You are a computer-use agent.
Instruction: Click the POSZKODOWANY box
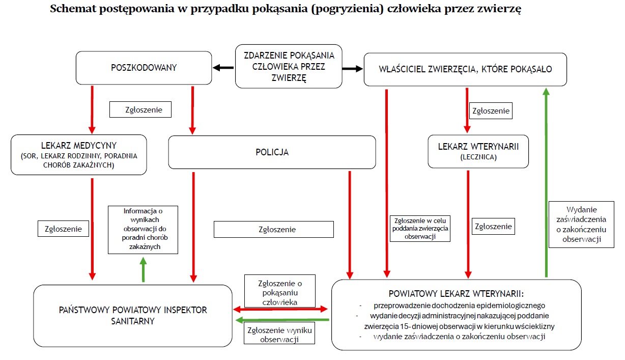point(144,68)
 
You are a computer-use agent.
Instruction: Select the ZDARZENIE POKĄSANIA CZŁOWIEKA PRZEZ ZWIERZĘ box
point(288,66)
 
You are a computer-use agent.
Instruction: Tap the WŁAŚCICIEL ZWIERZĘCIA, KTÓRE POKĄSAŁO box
point(465,69)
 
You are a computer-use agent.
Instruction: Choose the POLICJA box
point(272,152)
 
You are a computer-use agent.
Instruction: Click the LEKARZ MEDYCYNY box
point(78,155)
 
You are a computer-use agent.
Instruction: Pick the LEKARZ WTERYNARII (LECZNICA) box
point(478,151)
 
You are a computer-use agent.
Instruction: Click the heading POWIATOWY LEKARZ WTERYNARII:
point(456,294)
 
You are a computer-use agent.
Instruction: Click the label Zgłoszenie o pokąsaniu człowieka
point(279,292)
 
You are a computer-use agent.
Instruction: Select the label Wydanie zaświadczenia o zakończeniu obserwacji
point(581,224)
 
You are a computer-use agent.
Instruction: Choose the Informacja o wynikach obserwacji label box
point(143,229)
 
